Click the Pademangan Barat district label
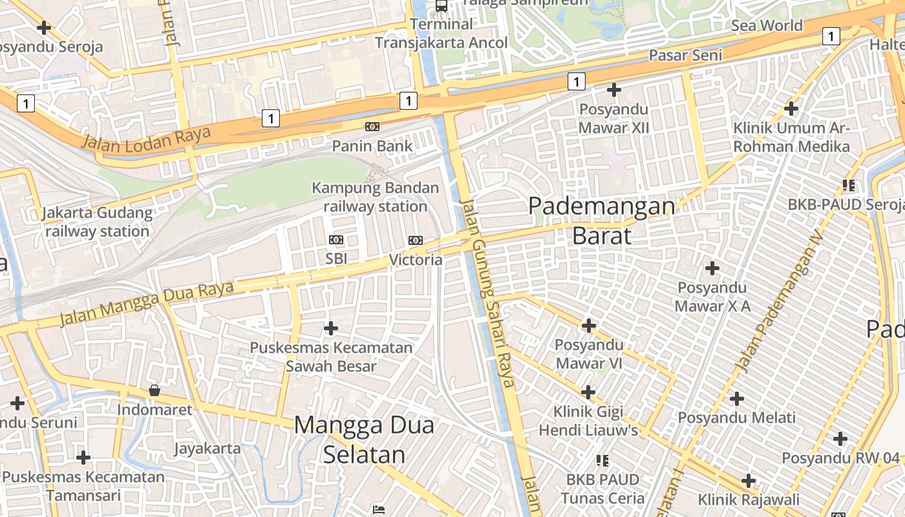601,221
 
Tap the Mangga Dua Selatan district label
364,439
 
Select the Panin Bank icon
372,127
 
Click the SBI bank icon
336,240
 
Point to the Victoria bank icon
416,240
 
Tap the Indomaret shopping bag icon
154,390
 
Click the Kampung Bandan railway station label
375,197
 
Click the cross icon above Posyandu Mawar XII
613,89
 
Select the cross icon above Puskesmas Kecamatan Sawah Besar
331,328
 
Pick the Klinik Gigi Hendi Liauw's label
588,421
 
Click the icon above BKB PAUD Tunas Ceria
602,461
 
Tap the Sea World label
767,26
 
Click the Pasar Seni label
685,56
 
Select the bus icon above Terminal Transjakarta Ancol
442,6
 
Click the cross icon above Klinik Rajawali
749,481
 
